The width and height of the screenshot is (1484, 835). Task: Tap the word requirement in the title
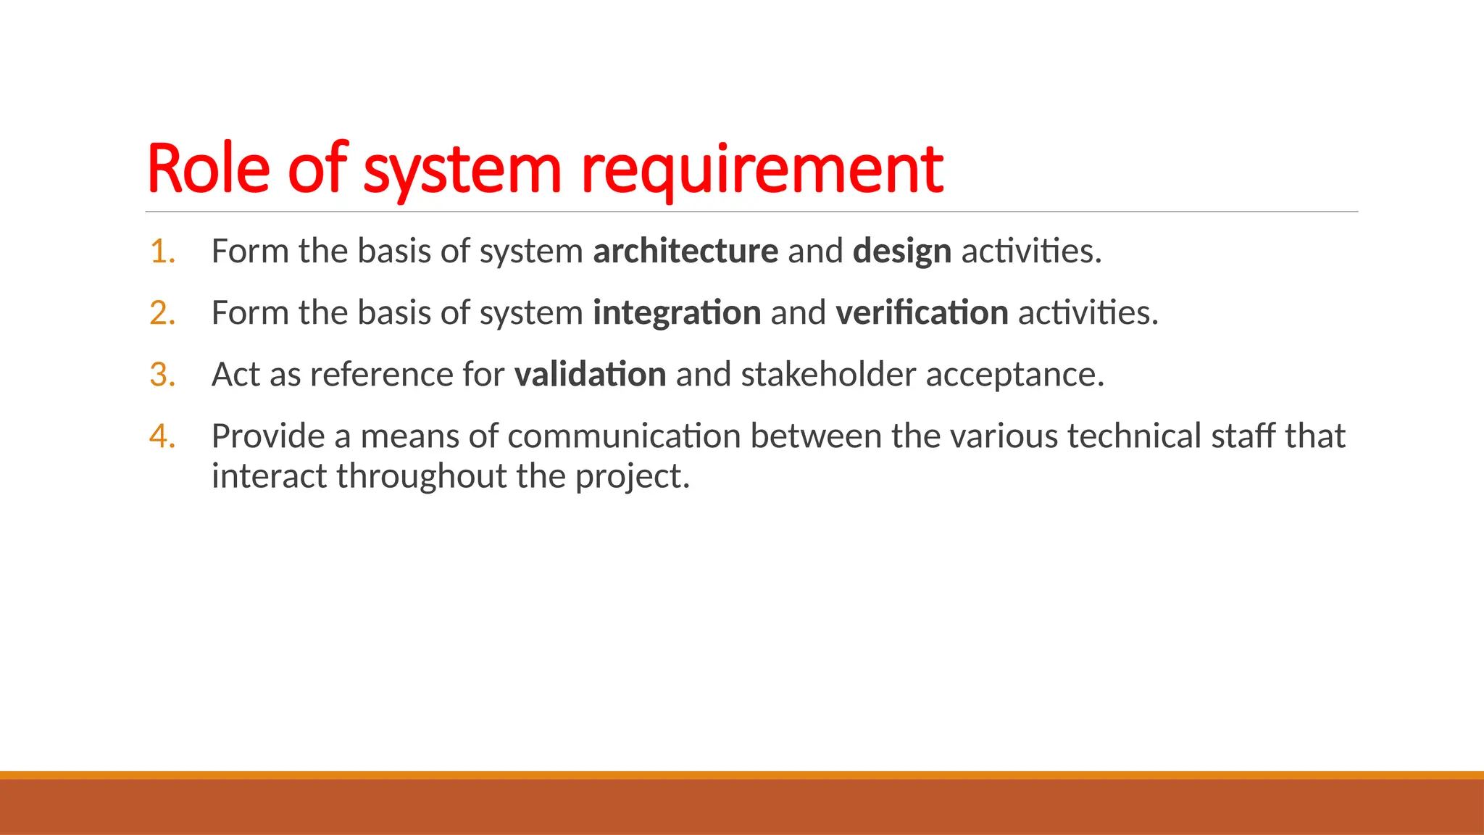[x=762, y=169]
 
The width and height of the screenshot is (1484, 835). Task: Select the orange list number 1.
[x=162, y=252]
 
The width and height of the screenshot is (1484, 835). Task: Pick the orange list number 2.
[x=162, y=313]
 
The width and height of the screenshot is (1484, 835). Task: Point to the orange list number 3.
[x=162, y=375]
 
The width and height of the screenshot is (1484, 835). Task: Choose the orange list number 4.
[x=162, y=436]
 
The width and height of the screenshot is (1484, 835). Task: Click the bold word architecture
[x=685, y=252]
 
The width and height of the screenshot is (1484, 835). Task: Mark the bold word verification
[x=922, y=313]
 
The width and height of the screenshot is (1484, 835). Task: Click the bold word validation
[x=590, y=375]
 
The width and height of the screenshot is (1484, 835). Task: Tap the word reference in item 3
[x=381, y=375]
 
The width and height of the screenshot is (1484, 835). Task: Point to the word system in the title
[x=462, y=170]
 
